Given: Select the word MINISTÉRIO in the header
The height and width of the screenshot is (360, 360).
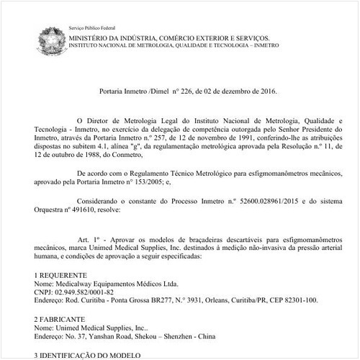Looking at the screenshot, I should click(88, 36).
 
